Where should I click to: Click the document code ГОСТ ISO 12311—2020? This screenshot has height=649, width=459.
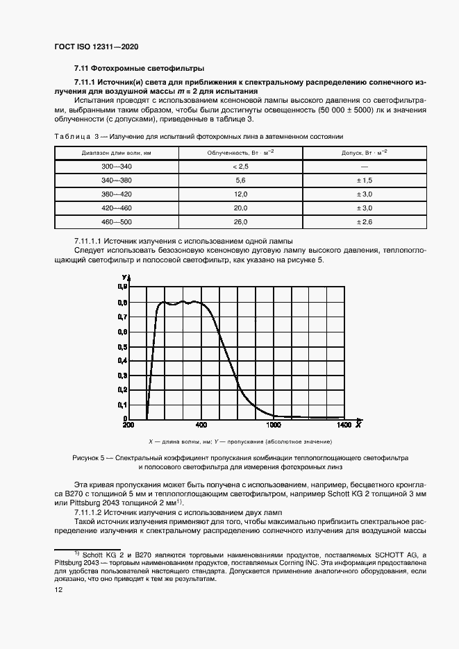[96, 47]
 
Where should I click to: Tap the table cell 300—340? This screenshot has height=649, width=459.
[116, 167]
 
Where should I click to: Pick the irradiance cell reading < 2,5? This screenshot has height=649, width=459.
[240, 167]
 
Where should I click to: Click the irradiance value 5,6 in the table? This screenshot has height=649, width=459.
[240, 180]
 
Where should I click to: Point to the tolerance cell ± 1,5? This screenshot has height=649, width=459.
[365, 180]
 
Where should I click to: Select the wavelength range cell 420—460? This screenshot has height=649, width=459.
[116, 208]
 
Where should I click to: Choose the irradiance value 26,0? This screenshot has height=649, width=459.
[240, 221]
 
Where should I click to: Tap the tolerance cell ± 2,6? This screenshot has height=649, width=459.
[365, 221]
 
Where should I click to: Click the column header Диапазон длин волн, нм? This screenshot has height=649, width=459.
[116, 153]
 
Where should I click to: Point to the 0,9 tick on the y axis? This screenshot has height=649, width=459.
[122, 287]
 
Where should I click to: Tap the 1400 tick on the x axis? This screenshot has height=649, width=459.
[344, 425]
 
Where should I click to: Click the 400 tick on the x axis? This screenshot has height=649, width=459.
[201, 425]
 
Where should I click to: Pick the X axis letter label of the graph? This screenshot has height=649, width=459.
[358, 423]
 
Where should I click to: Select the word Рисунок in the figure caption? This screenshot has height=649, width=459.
[87, 458]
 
